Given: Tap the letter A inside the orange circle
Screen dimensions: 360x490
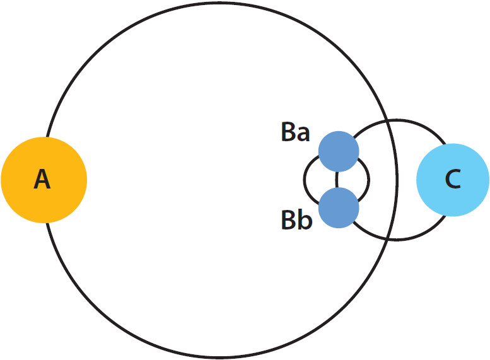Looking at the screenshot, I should pos(42,180).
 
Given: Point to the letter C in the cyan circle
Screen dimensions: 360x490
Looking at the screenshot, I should pos(453,180).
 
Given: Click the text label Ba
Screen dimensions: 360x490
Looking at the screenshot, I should pos(296,134).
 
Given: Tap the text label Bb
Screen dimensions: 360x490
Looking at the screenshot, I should pos(296,221).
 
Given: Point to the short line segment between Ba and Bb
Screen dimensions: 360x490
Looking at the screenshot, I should pos(337,180).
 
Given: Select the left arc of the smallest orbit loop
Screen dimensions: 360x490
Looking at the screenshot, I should pos(304,180).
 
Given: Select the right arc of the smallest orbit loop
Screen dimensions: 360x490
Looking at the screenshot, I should pos(369,180).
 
